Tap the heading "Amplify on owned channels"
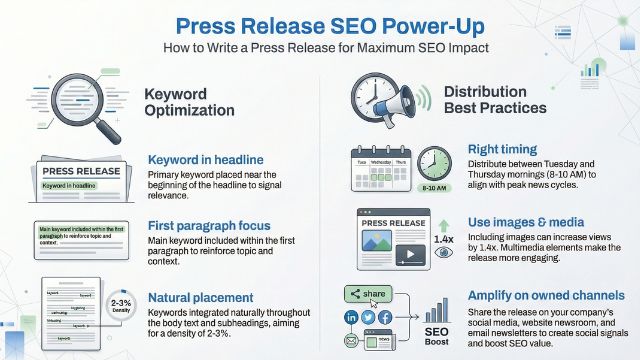point(546,295)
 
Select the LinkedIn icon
point(352,317)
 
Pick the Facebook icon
point(385,317)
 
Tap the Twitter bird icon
point(368,317)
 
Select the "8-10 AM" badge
point(433,187)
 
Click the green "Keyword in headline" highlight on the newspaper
point(69,186)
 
